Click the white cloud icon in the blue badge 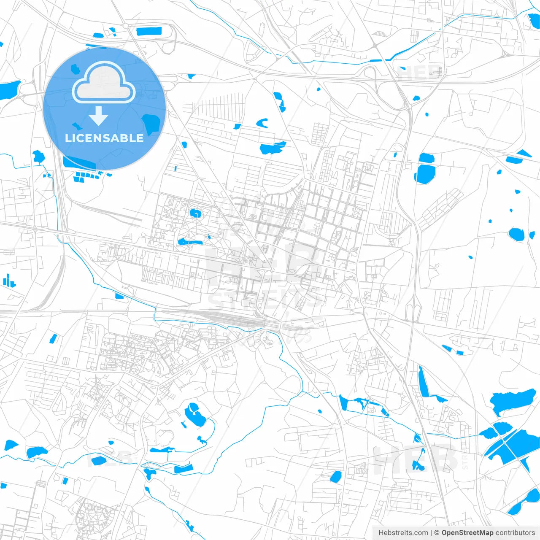pyautogui.click(x=104, y=82)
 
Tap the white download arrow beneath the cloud pyautogui.click(x=99, y=116)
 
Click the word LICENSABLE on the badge pyautogui.click(x=104, y=138)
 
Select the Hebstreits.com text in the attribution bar pyautogui.click(x=403, y=533)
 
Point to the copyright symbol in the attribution pyautogui.click(x=437, y=533)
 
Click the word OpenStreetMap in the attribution pyautogui.click(x=467, y=533)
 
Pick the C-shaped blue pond pyautogui.click(x=262, y=123)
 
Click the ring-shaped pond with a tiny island pyautogui.click(x=195, y=213)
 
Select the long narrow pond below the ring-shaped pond pyautogui.click(x=190, y=242)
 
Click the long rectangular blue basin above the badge pyautogui.click(x=149, y=31)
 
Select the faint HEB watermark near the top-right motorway pyautogui.click(x=420, y=73)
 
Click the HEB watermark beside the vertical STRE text pyautogui.click(x=416, y=458)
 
